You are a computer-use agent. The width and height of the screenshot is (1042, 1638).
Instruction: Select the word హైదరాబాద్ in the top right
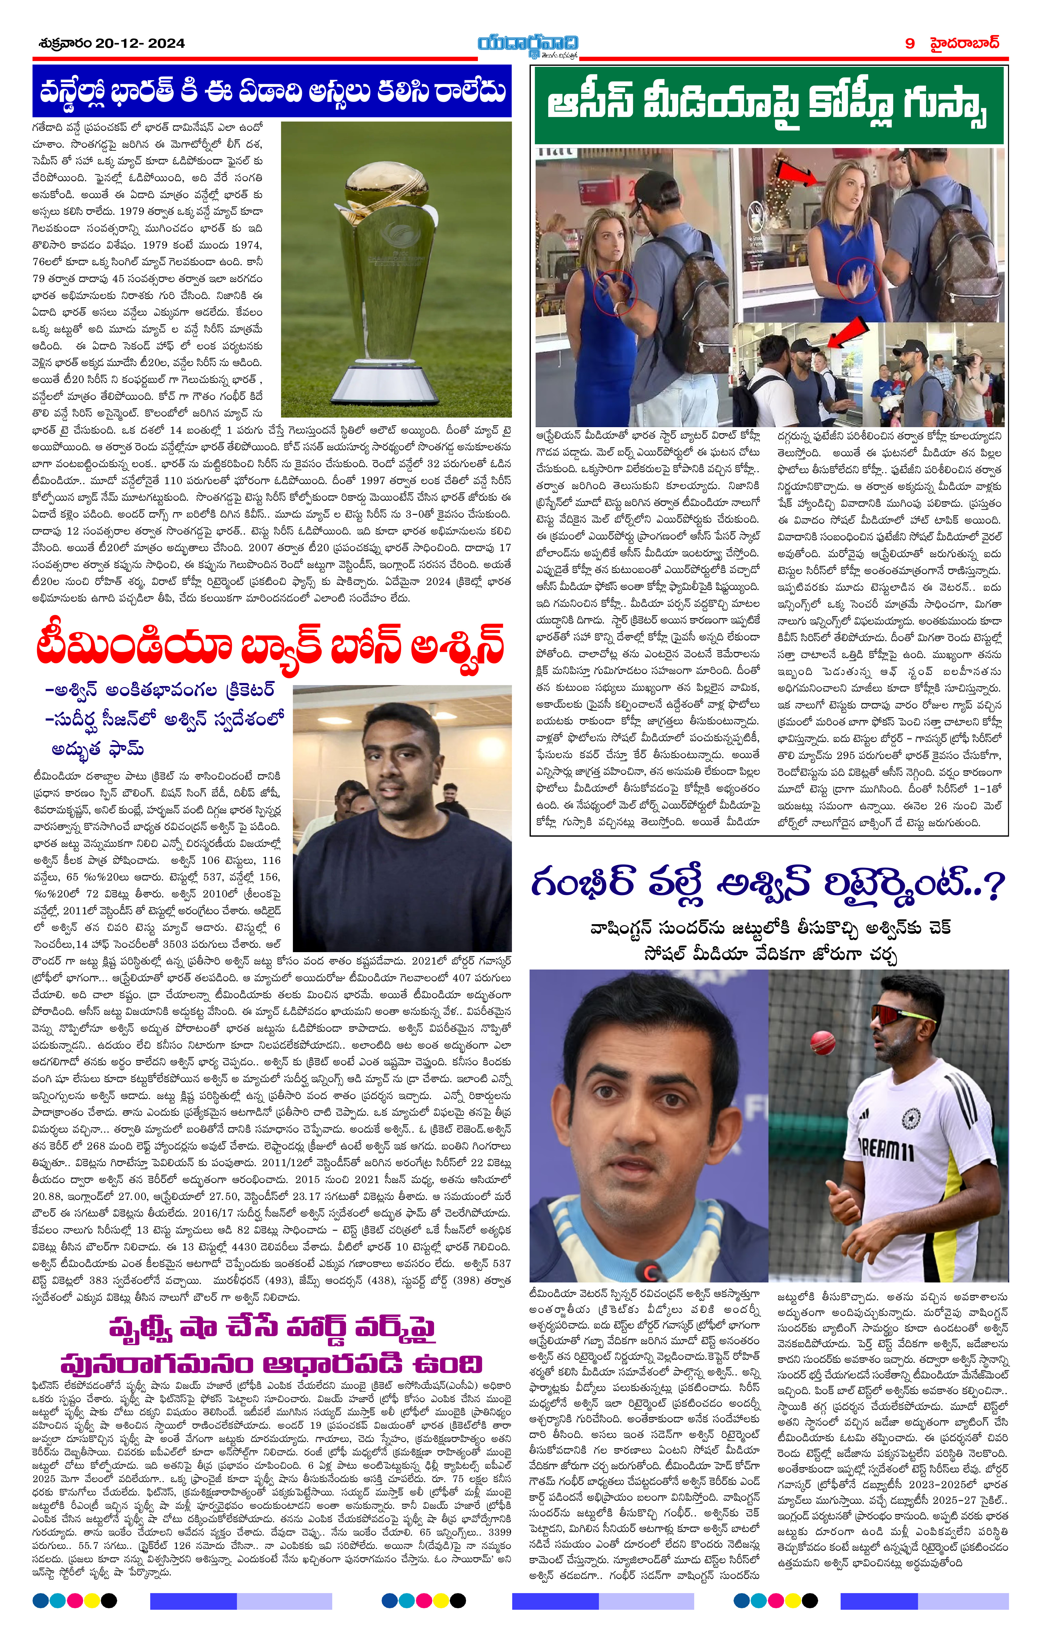click(964, 43)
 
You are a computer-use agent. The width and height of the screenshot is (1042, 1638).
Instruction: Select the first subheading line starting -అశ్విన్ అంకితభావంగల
click(160, 690)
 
